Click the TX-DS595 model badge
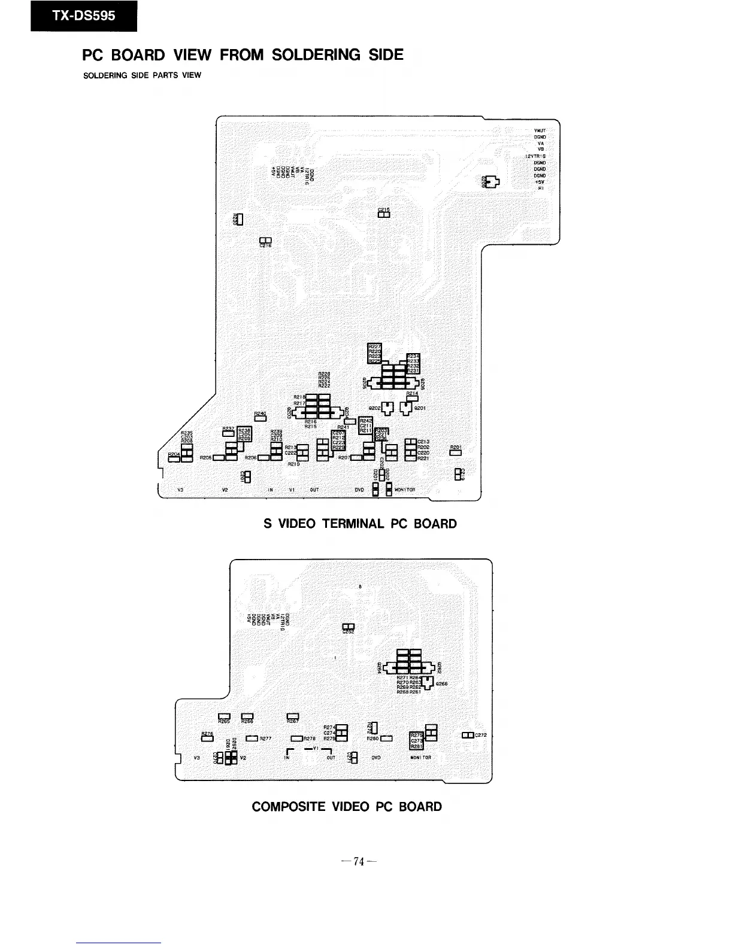84,16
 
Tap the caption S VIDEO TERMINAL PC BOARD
360,524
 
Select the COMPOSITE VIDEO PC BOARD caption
347,806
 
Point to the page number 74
359,862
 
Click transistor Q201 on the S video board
407,409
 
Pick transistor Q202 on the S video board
387,409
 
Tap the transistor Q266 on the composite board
429,682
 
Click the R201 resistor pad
455,452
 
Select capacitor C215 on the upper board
384,215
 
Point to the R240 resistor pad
260,418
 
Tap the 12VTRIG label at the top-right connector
535,156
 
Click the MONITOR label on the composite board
421,758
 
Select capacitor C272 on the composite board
468,735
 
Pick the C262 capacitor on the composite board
348,627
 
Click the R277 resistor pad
252,739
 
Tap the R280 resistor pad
386,739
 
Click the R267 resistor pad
293,715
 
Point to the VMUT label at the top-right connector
539,130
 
